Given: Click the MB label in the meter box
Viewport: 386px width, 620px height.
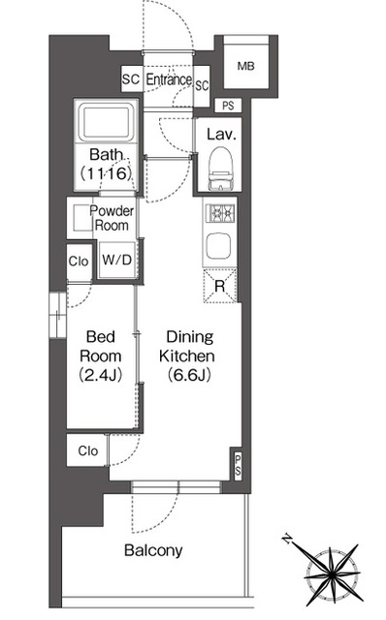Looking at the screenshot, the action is coord(245,66).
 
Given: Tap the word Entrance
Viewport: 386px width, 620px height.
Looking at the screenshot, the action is coord(169,79).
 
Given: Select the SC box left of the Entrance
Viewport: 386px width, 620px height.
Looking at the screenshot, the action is coord(132,78).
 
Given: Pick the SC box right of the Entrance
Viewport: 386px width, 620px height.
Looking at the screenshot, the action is coord(202,86).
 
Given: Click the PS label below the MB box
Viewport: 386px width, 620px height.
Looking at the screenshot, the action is coord(228,106).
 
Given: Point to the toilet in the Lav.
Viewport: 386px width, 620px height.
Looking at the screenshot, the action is coord(220,168).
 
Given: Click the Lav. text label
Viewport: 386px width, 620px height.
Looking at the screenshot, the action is coord(221,135).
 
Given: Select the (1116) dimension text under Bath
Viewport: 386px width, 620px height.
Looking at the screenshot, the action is coord(106,173).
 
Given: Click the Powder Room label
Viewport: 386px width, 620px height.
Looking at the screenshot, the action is coord(112,218).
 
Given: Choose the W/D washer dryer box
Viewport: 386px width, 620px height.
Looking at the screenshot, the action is coord(116,260).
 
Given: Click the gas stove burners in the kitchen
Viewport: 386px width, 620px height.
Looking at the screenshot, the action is coord(220,213).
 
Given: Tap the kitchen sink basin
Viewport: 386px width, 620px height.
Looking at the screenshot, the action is coord(219,246).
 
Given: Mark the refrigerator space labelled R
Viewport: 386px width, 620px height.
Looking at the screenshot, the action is coord(220,286).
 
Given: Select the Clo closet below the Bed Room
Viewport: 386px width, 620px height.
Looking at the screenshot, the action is coord(87,450).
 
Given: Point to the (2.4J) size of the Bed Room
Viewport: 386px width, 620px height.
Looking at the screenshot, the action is coord(101,375).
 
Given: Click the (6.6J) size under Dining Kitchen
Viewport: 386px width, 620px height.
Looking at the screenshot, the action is coord(189,375).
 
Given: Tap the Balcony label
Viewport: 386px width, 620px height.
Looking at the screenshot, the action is coord(153,550).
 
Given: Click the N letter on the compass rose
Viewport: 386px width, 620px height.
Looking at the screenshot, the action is coord(287,539).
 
